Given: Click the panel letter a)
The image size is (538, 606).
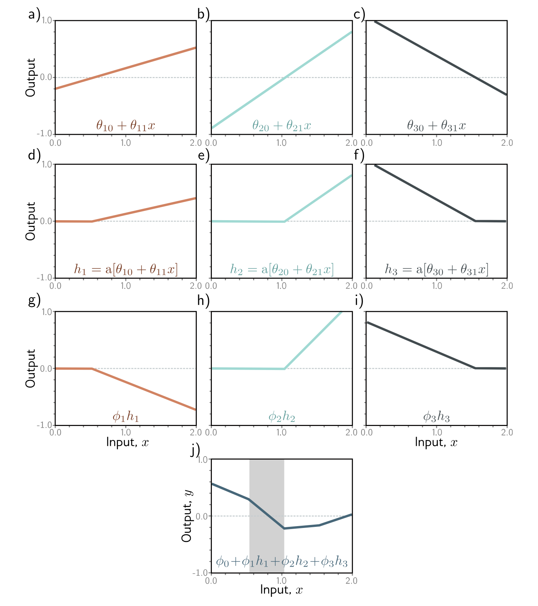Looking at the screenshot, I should [x=34, y=15].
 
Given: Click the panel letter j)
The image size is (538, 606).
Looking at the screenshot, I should [x=195, y=450].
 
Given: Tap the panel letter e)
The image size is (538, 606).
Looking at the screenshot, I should [x=203, y=155].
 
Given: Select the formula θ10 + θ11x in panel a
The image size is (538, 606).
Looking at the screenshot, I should [x=126, y=126].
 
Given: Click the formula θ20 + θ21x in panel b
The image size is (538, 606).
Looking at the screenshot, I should [x=282, y=126].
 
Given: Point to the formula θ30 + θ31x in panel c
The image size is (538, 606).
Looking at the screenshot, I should [x=436, y=126].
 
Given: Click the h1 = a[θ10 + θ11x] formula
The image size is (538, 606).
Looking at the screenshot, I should [x=126, y=269].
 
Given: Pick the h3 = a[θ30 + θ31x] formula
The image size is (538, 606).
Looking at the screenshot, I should [x=436, y=269].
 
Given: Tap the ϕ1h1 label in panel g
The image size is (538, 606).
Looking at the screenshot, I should [x=126, y=417].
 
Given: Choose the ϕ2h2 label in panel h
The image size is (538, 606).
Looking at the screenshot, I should [x=282, y=417].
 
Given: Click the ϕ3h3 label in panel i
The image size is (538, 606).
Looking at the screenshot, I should [x=436, y=417].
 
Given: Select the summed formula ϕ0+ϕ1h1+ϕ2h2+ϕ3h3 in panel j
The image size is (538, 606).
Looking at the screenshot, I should [x=282, y=562].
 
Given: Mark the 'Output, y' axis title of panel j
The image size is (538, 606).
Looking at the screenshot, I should [x=187, y=516].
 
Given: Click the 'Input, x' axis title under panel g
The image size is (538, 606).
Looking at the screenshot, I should [x=127, y=442].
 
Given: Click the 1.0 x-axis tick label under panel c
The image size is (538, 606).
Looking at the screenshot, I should [x=437, y=142].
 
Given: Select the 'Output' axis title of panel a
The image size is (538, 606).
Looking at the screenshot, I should [x=30, y=77].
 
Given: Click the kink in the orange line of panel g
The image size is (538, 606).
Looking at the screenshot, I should [x=91, y=369].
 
